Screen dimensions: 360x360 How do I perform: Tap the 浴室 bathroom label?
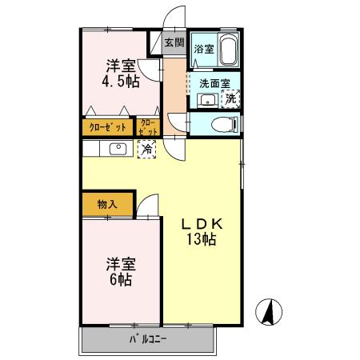[x=204, y=50]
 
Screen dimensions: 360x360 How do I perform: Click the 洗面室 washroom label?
[x=214, y=82]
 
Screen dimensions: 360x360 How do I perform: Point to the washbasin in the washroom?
[x=206, y=100]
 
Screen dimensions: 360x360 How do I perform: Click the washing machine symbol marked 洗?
[x=231, y=99]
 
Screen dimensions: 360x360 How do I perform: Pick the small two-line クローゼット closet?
[x=150, y=126]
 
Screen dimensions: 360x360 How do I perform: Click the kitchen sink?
[x=117, y=148]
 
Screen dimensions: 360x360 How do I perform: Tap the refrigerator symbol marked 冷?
[x=147, y=149]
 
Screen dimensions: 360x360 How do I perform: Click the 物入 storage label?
[x=108, y=204]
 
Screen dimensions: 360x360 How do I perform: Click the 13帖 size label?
[x=202, y=239]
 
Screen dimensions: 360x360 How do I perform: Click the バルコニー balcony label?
[x=148, y=340]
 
